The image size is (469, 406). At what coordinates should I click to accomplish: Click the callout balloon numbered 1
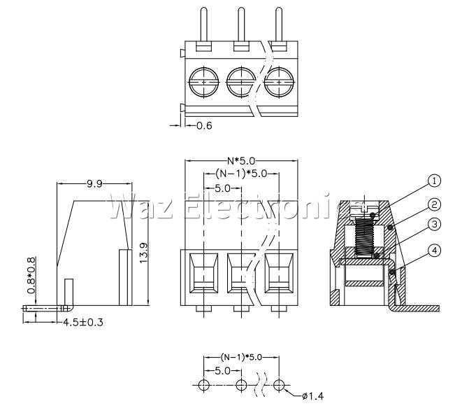[x=434, y=181]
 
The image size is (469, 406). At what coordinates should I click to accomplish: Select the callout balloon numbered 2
[x=434, y=204]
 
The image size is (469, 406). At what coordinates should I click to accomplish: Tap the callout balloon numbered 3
[x=434, y=225]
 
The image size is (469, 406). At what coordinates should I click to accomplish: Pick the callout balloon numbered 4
[x=434, y=251]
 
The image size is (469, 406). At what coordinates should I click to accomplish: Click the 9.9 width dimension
[x=94, y=183]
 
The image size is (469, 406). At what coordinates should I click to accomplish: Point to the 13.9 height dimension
[x=143, y=253]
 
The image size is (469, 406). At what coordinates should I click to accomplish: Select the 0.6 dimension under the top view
[x=204, y=125]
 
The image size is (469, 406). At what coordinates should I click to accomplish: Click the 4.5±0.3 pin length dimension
[x=83, y=323]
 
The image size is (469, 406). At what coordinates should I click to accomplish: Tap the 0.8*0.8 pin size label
[x=31, y=275]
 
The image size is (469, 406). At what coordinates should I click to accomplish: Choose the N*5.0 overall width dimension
[x=241, y=161]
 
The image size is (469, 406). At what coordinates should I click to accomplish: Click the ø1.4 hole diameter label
[x=313, y=396]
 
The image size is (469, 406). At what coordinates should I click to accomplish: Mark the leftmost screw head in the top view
[x=204, y=82]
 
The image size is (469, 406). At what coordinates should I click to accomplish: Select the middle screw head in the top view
[x=241, y=82]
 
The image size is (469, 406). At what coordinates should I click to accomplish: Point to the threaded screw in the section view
[x=365, y=237]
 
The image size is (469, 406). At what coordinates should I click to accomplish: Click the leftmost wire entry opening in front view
[x=204, y=273]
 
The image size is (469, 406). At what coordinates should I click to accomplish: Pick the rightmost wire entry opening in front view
[x=279, y=273]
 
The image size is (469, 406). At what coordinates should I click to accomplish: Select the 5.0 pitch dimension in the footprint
[x=222, y=371]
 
